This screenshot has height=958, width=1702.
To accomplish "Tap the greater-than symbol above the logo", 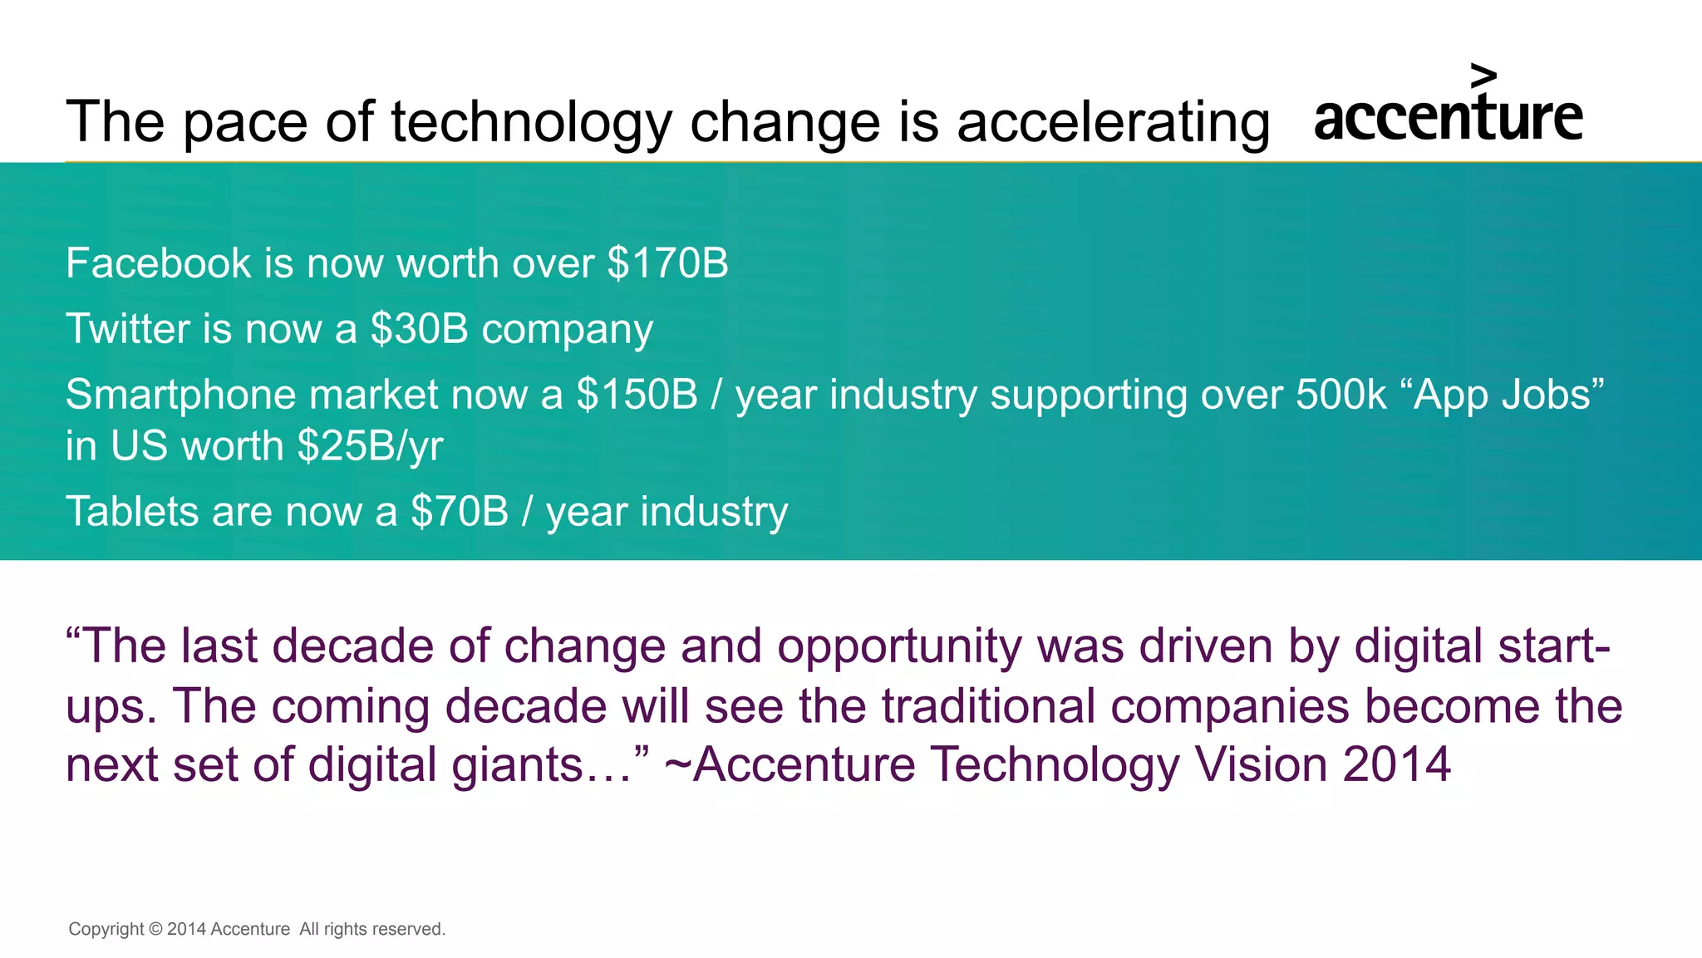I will tap(1483, 76).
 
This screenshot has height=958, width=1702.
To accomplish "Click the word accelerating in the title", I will tap(1113, 122).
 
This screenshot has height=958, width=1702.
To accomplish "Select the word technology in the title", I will tap(531, 122).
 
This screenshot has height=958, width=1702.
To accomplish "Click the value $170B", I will tap(667, 263).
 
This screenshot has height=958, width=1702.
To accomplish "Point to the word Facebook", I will tap(158, 263).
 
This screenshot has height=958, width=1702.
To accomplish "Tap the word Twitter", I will tap(128, 329).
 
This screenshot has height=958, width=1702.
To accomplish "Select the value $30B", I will tap(420, 329).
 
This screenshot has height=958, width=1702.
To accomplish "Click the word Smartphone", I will tap(180, 395).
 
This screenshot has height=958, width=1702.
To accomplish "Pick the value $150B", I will tap(637, 395).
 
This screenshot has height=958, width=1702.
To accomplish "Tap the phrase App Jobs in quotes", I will tap(1501, 395).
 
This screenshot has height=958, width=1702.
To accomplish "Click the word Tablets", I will tap(131, 512).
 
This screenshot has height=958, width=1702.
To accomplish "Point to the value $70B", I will tap(459, 512).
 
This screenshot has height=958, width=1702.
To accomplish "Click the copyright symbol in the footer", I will tap(155, 929).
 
